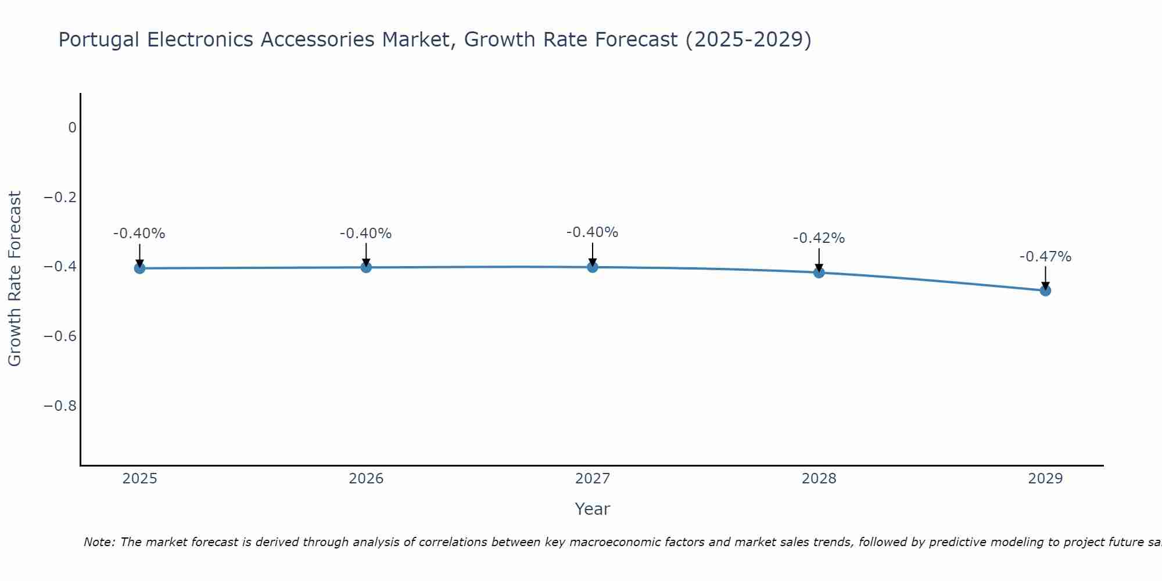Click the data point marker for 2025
139,268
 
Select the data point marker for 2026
366,267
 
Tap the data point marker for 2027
593,267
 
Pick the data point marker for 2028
819,272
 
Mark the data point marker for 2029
1045,290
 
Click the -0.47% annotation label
1045,257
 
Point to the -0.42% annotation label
819,238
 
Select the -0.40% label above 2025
139,234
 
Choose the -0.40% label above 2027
593,232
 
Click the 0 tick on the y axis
72,128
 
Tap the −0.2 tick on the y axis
60,198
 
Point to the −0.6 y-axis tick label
60,336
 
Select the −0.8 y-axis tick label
60,406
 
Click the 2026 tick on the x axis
366,479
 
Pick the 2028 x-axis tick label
819,479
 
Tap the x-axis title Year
592,510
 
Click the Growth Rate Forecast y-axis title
15,278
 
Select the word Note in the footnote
99,542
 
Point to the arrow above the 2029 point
1045,278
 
